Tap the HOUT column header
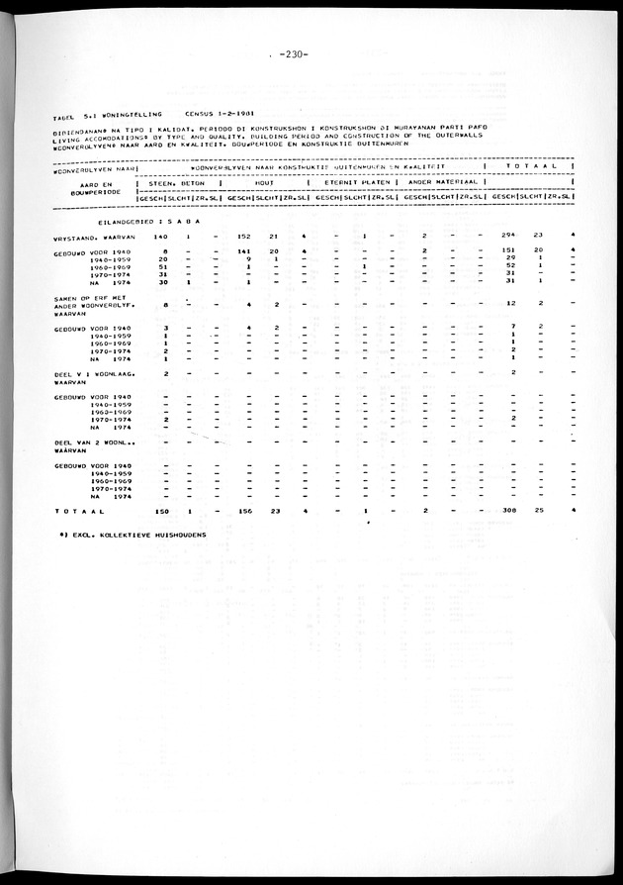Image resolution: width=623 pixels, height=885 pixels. point(262,183)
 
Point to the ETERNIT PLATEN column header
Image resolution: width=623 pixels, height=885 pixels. point(353,183)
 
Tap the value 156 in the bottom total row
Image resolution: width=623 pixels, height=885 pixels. point(248,511)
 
